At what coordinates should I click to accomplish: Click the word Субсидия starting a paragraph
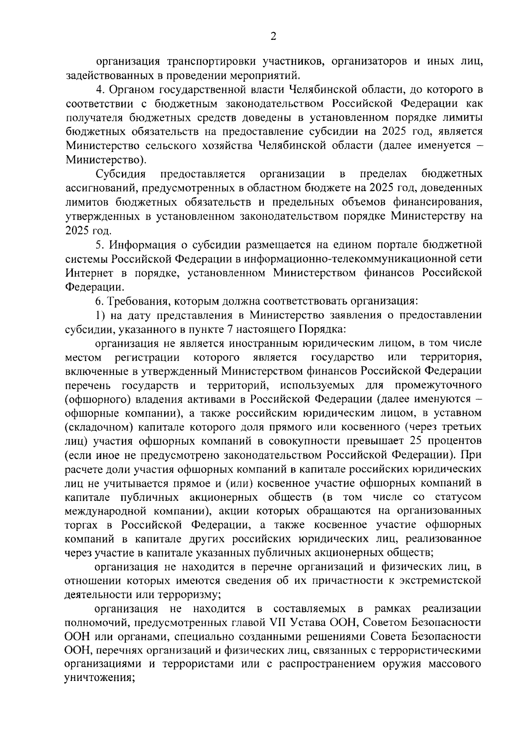tap(120, 174)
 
